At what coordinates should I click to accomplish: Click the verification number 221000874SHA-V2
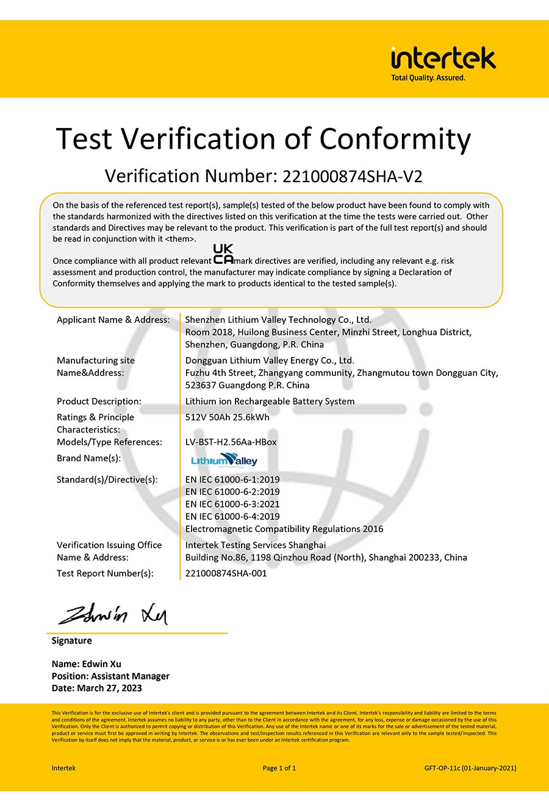point(352,176)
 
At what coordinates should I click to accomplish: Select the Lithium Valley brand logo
point(224,460)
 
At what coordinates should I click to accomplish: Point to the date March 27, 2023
point(109,688)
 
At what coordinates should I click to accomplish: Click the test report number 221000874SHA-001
point(226,573)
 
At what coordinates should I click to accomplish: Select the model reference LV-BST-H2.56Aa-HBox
point(231,442)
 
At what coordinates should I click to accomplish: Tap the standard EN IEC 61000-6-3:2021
point(232,504)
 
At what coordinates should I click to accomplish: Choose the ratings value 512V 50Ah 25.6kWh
point(227,417)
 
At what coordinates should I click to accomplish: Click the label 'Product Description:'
point(99,401)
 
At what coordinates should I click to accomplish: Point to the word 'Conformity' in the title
point(395,139)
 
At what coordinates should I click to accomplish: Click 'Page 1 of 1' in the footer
point(279,768)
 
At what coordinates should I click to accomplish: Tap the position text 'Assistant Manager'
point(130,676)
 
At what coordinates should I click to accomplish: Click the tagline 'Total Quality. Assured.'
point(428,78)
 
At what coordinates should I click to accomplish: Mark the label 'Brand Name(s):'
point(88,458)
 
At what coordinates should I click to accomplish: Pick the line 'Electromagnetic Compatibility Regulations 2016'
point(284,529)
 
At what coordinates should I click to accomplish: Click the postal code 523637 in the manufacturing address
point(201,385)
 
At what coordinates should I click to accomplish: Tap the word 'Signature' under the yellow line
point(71,640)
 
